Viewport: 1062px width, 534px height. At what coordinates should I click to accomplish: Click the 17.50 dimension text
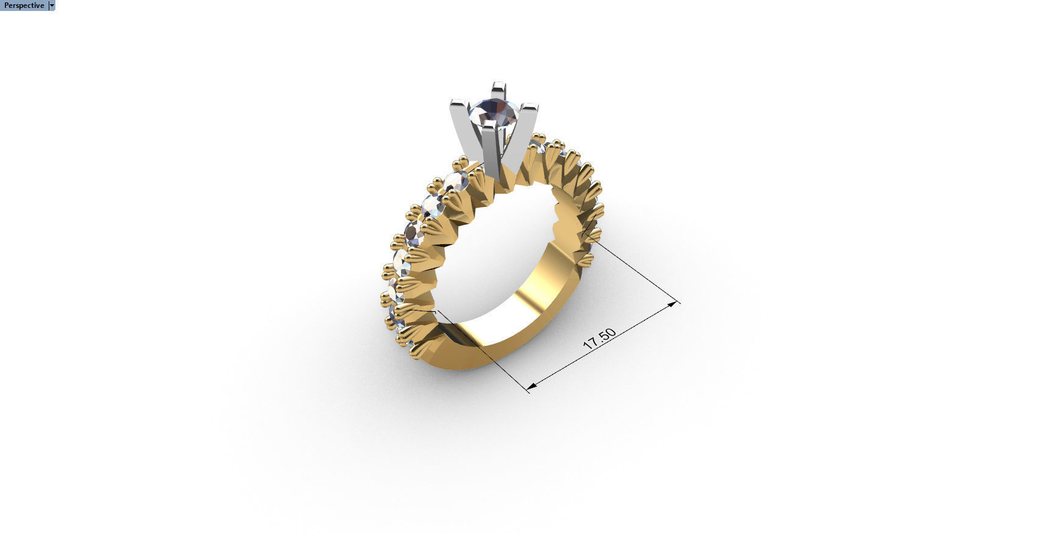(x=599, y=339)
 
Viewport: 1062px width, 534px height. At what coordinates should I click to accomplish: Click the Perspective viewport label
(x=24, y=5)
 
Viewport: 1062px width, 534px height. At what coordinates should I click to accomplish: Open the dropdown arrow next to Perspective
(x=52, y=5)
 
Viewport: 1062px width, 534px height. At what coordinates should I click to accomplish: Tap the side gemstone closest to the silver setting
(x=456, y=180)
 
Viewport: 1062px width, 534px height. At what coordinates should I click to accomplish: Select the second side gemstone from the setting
(x=434, y=206)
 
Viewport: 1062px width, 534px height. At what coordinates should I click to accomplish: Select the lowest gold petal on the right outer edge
(x=585, y=261)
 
